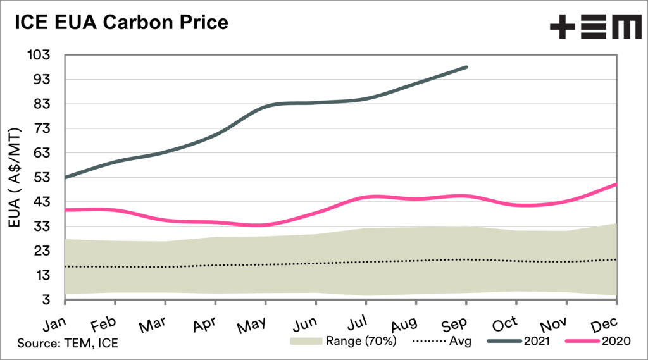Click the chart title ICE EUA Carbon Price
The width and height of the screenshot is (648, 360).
117,23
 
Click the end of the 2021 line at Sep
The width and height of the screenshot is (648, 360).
466,67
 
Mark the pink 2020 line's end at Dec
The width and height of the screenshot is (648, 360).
616,184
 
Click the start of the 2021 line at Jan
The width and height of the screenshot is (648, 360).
66,177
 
